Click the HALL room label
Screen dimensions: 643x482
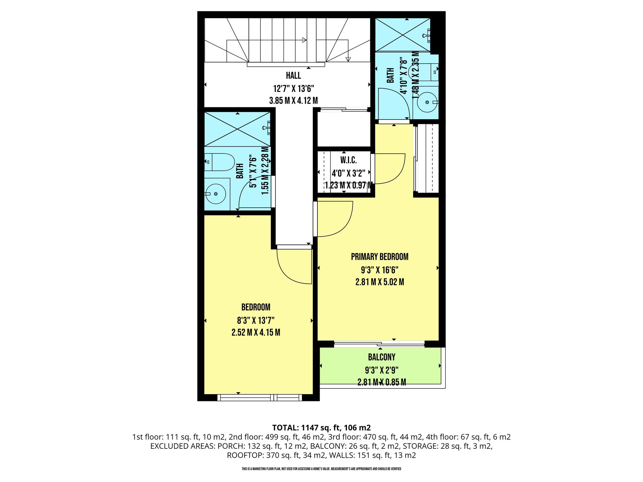[x=293, y=76]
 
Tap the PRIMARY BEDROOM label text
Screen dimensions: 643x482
[x=380, y=257]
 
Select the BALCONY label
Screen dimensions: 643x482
[x=381, y=357]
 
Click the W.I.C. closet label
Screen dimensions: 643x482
[x=349, y=160]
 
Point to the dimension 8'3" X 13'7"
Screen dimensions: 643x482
[x=256, y=320]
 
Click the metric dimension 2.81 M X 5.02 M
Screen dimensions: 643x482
[x=380, y=282]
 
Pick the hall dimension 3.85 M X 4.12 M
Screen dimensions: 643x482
[x=293, y=101]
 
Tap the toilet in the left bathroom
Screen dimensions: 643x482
[x=219, y=162]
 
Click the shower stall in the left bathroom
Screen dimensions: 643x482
[x=237, y=129]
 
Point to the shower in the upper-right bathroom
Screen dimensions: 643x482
[x=403, y=35]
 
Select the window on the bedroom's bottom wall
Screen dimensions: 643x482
[x=260, y=398]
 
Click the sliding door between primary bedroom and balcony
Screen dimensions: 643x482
[x=379, y=344]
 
